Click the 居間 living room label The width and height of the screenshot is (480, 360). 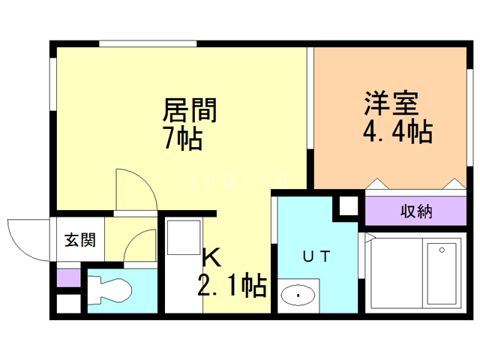pyautogui.click(x=190, y=110)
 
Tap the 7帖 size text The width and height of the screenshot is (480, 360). pyautogui.click(x=183, y=138)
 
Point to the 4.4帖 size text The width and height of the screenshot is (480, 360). pyautogui.click(x=397, y=133)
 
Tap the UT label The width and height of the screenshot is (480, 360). pyautogui.click(x=316, y=256)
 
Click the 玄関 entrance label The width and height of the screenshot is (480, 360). pyautogui.click(x=79, y=240)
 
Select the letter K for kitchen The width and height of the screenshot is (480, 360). pyautogui.click(x=212, y=258)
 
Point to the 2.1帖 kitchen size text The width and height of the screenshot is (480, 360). pyautogui.click(x=232, y=286)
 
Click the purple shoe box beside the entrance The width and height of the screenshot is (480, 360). pyautogui.click(x=67, y=277)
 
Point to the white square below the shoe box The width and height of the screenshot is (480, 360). pyautogui.click(x=67, y=304)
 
